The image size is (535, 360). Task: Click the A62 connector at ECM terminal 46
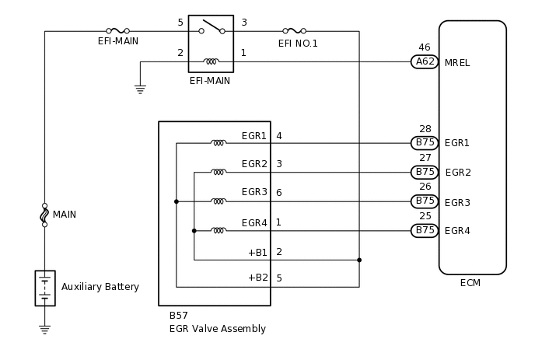click(x=425, y=61)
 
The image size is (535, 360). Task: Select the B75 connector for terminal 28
click(x=425, y=142)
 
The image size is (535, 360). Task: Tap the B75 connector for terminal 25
click(x=425, y=230)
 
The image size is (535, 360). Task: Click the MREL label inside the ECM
click(x=457, y=62)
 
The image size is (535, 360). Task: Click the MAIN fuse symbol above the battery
click(x=44, y=215)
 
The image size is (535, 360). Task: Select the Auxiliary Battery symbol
click(x=44, y=288)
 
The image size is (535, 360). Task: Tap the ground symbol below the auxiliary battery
click(x=44, y=330)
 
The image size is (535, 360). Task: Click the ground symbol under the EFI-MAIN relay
click(x=140, y=89)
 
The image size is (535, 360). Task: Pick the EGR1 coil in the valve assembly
click(x=219, y=142)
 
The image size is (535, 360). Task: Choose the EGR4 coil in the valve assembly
click(x=219, y=230)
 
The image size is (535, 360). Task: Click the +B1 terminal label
click(x=257, y=252)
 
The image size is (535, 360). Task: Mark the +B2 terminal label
click(x=257, y=278)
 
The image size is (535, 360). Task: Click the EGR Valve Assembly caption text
click(x=217, y=329)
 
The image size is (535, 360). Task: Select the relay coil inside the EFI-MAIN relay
click(x=211, y=61)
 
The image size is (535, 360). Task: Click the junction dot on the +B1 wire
click(x=359, y=260)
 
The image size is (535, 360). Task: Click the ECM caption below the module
click(x=470, y=283)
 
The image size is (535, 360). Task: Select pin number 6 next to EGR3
click(x=278, y=192)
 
